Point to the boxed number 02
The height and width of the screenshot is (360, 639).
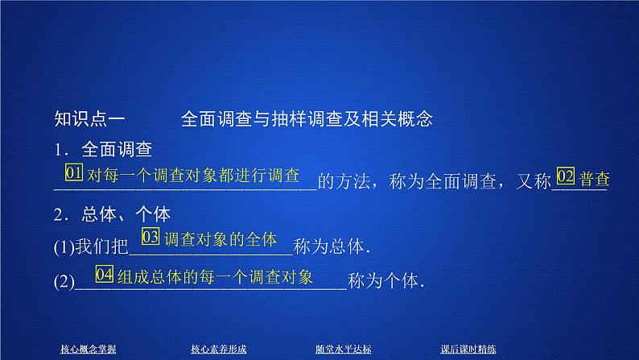click(x=566, y=177)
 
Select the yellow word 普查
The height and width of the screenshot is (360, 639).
click(x=593, y=177)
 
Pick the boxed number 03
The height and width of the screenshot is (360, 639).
click(x=150, y=238)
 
